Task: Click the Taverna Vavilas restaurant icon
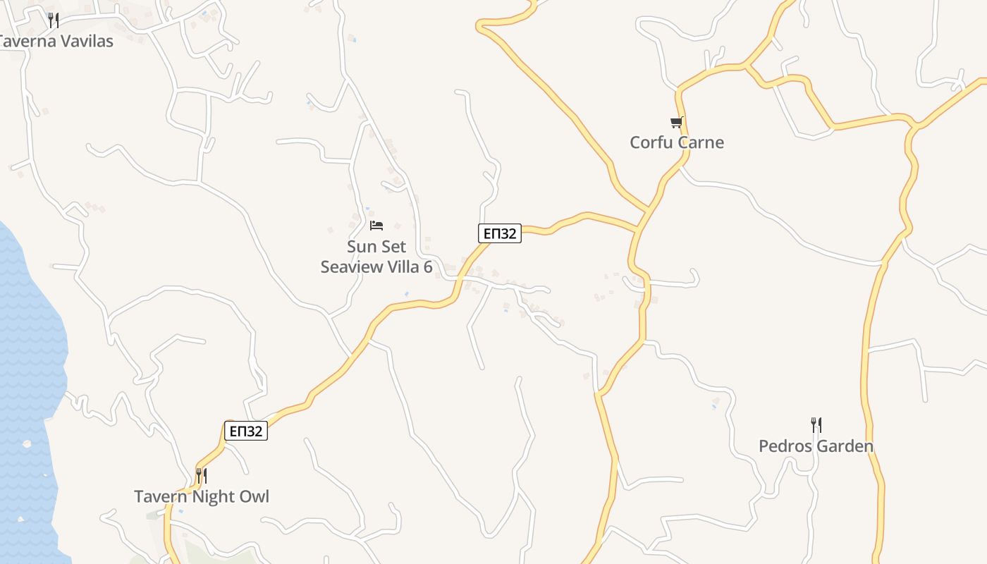click(x=53, y=20)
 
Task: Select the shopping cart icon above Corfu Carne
click(x=677, y=123)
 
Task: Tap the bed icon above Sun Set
click(x=376, y=226)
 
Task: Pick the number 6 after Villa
click(x=427, y=266)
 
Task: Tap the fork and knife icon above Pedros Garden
click(x=816, y=425)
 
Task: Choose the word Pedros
click(x=783, y=446)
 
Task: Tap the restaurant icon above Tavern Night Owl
click(x=201, y=476)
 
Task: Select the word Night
click(x=215, y=496)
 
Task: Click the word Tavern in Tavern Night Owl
click(x=161, y=496)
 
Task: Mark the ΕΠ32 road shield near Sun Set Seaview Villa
click(x=499, y=233)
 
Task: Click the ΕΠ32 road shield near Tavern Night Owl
click(x=246, y=431)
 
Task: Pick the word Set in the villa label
click(x=393, y=247)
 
